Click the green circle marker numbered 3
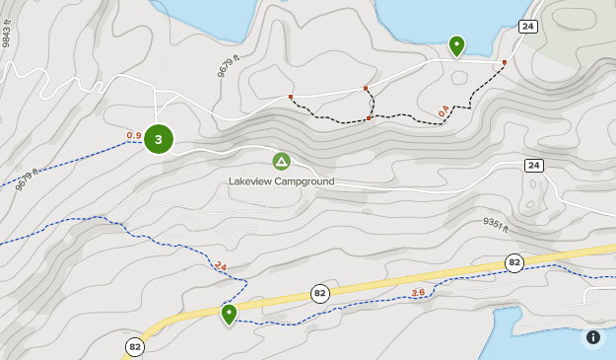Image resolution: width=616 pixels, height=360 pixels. [x=158, y=139]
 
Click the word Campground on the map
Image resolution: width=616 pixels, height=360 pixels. [x=307, y=181]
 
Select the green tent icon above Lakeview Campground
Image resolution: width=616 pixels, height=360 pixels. [x=281, y=161]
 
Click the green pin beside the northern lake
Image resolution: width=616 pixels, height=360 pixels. [x=456, y=45]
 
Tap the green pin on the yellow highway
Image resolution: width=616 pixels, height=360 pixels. [x=229, y=314]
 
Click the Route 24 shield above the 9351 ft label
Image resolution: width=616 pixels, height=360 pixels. [x=533, y=165]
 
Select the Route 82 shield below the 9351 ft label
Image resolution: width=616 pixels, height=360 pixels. [x=513, y=262]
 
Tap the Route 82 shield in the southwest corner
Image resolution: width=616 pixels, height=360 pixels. [x=134, y=346]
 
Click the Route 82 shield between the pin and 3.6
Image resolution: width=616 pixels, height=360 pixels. [x=319, y=293]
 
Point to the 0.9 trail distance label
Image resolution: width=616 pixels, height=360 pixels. [x=134, y=135]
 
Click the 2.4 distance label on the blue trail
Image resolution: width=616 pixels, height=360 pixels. [x=220, y=267]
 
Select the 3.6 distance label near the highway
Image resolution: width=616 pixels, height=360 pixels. [x=418, y=292]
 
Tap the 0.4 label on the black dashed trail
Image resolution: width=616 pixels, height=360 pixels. [x=444, y=109]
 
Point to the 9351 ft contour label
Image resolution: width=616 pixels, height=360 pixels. [x=495, y=226]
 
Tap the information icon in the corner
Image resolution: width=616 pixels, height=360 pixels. [x=593, y=337]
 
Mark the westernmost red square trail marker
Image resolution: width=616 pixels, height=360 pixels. [x=291, y=97]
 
